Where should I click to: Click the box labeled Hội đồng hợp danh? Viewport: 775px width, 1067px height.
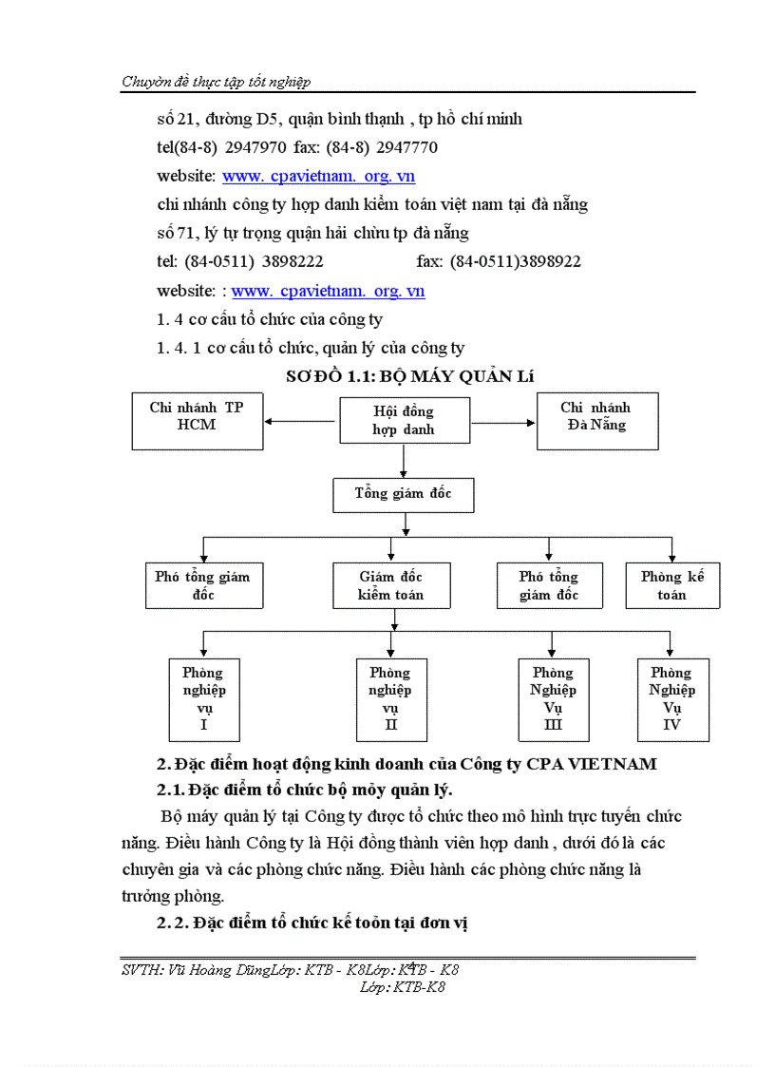404,420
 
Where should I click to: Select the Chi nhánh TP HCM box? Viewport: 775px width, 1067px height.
197,421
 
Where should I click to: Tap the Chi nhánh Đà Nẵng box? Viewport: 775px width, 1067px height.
595,421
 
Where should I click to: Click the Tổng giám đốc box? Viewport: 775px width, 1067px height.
403,494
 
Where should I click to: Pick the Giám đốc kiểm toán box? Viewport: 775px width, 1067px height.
390,585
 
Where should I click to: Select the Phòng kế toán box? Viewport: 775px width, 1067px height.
671,585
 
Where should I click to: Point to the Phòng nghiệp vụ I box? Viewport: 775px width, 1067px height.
203,698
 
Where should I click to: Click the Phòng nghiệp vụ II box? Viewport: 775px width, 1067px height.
390,698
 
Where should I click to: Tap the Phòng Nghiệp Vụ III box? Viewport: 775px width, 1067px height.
553,698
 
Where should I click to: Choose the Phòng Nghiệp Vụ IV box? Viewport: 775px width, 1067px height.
672,698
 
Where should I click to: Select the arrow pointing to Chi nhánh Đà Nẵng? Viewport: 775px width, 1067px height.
502,421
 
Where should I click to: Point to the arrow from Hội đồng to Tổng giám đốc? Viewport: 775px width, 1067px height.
405,460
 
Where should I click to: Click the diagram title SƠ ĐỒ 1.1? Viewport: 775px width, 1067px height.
410,376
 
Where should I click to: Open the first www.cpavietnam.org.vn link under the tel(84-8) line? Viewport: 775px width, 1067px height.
318,176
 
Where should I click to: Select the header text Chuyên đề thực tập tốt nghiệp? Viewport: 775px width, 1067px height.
217,82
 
